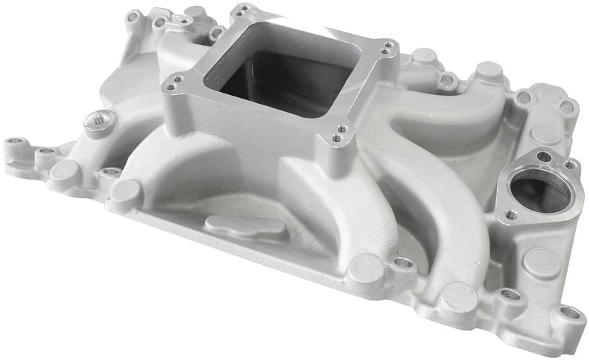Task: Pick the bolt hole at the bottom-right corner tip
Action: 571,312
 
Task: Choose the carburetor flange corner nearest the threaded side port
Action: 173,85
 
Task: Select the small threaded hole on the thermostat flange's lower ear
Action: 510,214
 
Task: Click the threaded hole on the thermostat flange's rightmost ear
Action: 568,165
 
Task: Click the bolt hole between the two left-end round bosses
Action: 110,172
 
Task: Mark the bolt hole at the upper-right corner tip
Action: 566,106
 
